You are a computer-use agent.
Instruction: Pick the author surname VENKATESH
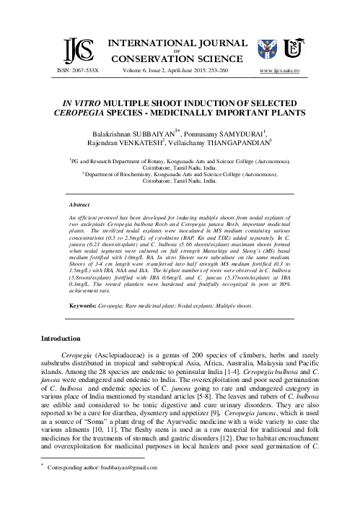(141, 144)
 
